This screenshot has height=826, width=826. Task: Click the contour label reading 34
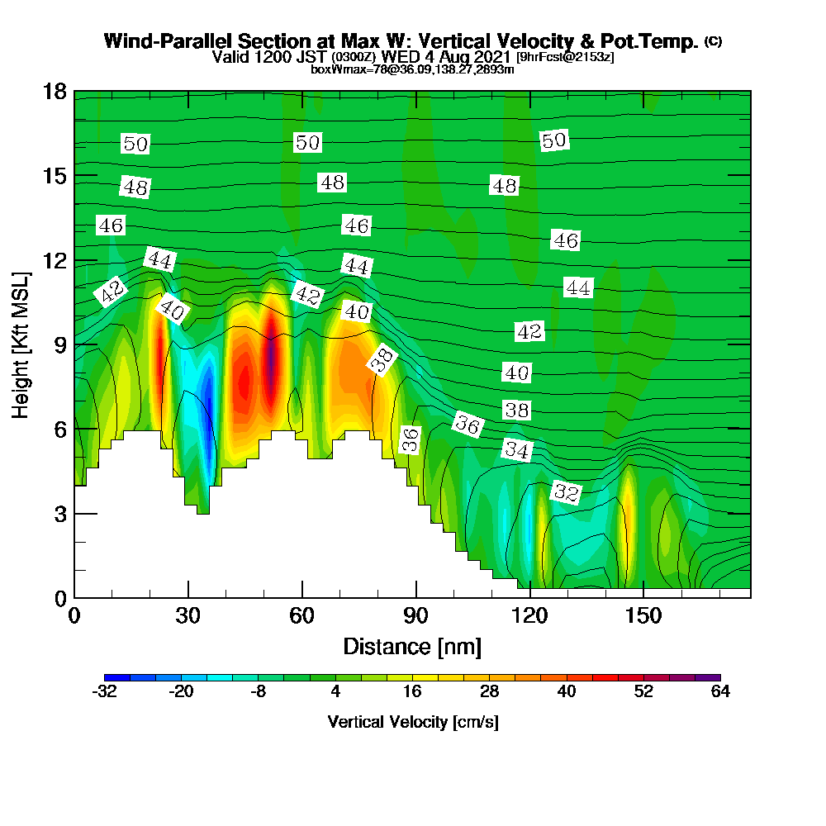(517, 450)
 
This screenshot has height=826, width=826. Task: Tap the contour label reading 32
(567, 492)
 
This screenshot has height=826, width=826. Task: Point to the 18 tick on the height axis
(55, 92)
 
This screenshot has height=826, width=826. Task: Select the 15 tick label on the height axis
(55, 176)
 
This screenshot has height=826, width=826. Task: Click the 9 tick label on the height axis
(60, 345)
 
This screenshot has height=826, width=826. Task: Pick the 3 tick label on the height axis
(60, 514)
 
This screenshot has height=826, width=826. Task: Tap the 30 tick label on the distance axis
(188, 615)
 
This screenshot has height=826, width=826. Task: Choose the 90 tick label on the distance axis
(416, 615)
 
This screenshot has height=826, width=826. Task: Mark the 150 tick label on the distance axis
(643, 615)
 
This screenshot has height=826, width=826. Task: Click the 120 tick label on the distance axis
(530, 615)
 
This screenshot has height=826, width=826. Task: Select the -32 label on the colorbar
(104, 691)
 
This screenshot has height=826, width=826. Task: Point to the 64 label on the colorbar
(720, 691)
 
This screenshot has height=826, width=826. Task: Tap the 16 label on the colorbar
(412, 691)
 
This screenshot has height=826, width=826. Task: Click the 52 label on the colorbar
(643, 691)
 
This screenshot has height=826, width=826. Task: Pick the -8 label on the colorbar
(258, 691)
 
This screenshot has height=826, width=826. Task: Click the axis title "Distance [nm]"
(412, 647)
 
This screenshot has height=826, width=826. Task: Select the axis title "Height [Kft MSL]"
(21, 345)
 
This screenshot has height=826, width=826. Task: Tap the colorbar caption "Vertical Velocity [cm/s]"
(413, 722)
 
